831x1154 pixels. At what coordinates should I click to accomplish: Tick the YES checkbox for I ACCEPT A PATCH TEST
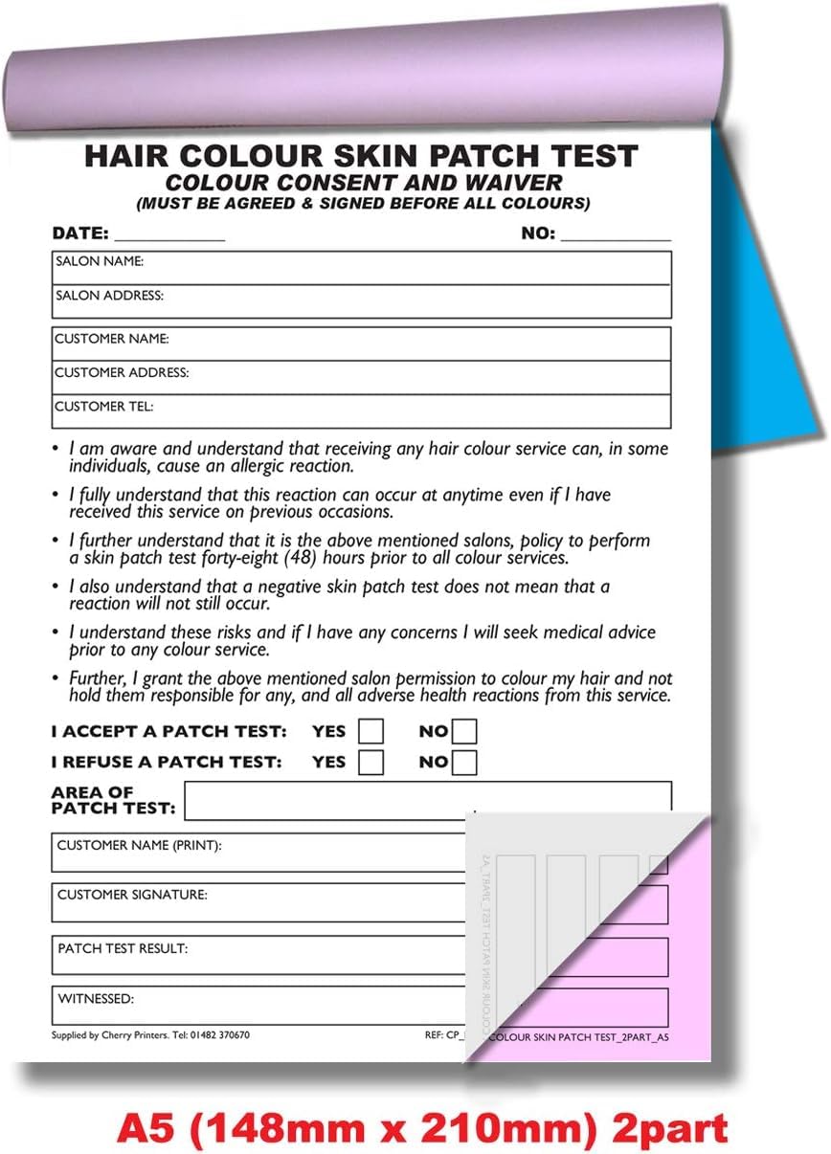371,732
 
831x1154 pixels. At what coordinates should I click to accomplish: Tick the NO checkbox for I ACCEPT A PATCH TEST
464,732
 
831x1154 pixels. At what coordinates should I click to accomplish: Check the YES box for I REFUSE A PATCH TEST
371,763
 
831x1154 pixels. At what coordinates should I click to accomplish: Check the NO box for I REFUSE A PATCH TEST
464,763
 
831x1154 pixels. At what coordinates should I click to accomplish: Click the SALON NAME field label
100,261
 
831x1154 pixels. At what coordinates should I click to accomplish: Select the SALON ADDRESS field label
109,296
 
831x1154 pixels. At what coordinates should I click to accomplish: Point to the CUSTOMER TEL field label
103,407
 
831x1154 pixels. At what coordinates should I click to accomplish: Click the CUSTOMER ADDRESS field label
122,372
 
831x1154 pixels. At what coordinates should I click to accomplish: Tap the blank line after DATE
169,235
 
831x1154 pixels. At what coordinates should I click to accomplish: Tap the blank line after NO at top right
616,235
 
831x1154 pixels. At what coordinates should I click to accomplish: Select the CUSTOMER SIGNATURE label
132,896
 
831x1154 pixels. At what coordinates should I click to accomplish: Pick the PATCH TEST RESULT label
123,949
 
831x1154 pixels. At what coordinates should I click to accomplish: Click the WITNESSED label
96,999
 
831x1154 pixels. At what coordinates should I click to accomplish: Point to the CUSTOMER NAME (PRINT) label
139,846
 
